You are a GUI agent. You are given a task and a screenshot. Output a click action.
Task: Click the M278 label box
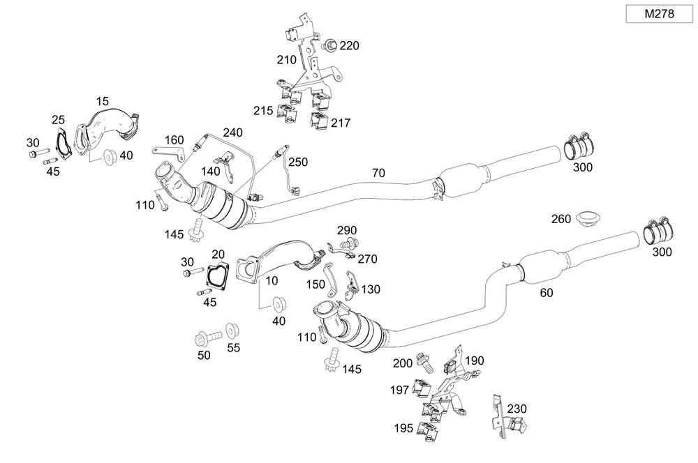659,13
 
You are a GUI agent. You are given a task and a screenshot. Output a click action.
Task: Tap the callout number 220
349,46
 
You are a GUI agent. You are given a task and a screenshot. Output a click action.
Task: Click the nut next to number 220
331,46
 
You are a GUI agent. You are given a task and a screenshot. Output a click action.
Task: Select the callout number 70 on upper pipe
379,172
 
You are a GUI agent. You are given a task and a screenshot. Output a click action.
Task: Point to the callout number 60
546,293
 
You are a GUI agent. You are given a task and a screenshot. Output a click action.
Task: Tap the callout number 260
561,218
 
